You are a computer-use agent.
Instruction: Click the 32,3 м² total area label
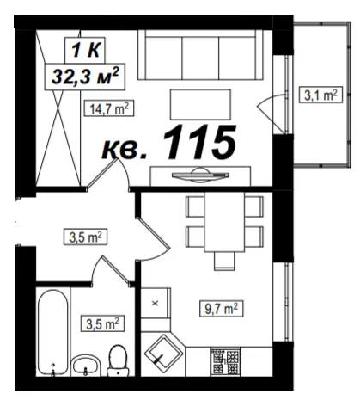[x=85, y=77]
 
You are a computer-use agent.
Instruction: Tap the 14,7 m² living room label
[x=109, y=108]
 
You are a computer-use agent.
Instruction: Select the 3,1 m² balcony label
[x=320, y=95]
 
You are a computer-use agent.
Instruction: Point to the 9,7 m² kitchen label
[x=222, y=309]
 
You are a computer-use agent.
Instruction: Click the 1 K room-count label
[x=85, y=50]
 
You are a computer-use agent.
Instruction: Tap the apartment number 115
[x=199, y=142]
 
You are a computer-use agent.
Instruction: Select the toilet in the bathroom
[x=118, y=360]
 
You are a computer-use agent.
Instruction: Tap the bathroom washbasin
[x=85, y=365]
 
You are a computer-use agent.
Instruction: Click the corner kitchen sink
[x=163, y=354]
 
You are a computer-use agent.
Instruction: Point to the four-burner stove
[x=225, y=361]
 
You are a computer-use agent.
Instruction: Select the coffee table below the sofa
[x=200, y=104]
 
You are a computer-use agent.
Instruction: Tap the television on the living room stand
[x=200, y=175]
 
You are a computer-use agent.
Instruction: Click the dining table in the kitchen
[x=224, y=222]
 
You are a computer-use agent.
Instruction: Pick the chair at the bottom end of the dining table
[x=224, y=261]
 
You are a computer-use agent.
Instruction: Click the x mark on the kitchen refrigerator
[x=156, y=303]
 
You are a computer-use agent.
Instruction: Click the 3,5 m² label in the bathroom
[x=102, y=323]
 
